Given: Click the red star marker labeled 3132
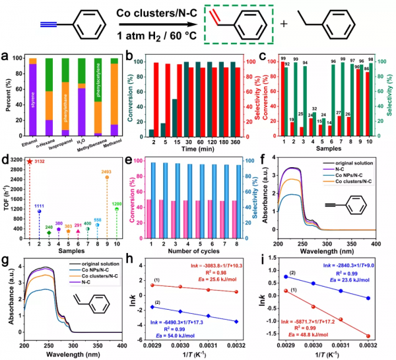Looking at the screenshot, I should pyautogui.click(x=29, y=161).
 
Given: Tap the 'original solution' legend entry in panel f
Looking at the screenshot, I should pyautogui.click(x=360, y=162).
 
